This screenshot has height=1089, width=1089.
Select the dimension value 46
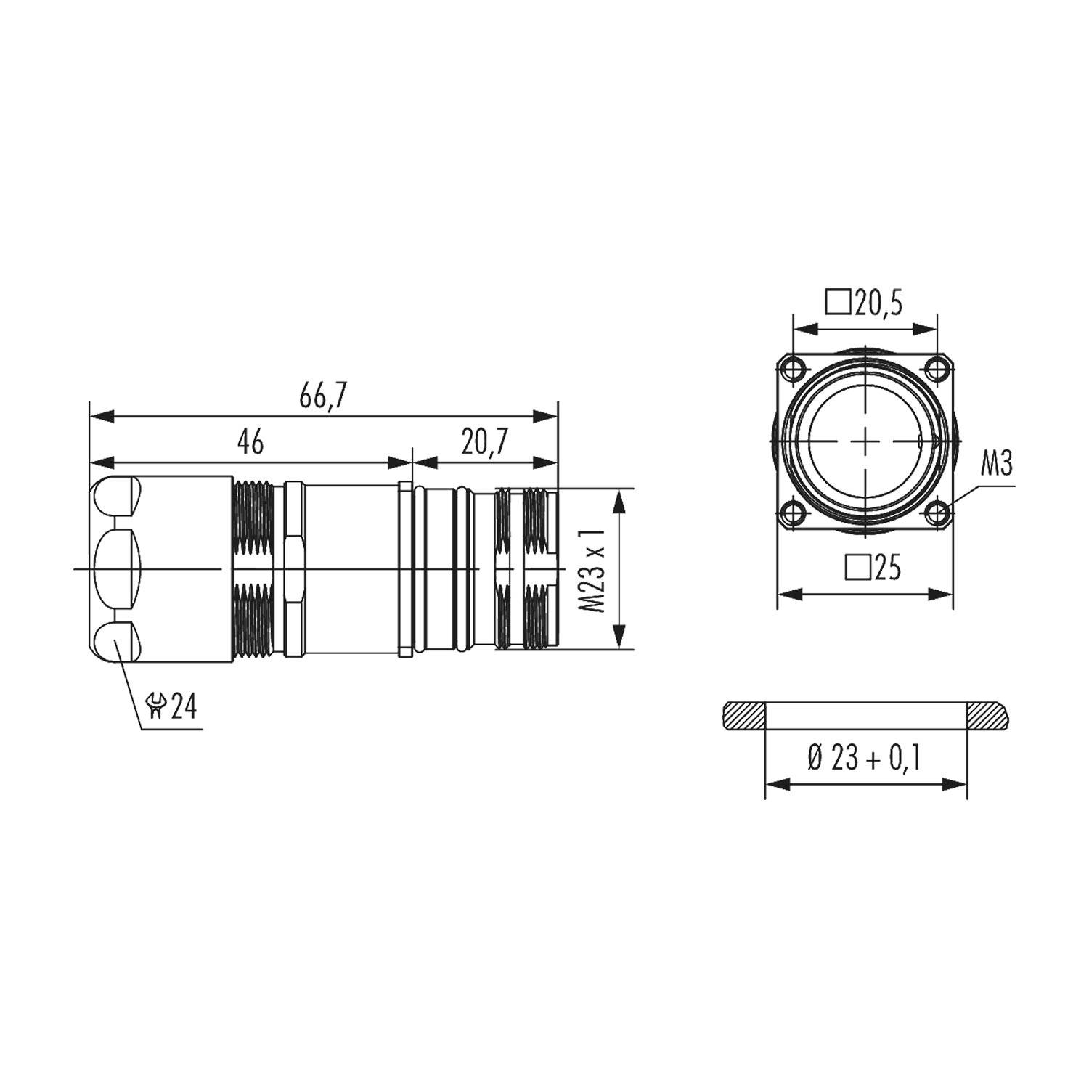[x=250, y=441]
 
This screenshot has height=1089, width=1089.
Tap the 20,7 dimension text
[x=485, y=441]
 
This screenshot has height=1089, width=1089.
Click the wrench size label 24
[x=184, y=706]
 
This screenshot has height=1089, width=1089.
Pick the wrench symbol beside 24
[x=156, y=706]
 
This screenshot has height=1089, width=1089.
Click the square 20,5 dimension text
[x=865, y=303]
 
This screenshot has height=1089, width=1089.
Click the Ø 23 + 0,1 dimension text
[x=865, y=759]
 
